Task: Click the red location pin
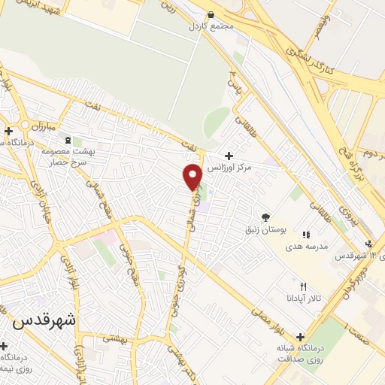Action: pos(192,176)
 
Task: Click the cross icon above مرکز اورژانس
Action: pos(229,155)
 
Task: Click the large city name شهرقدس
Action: pos(44,320)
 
